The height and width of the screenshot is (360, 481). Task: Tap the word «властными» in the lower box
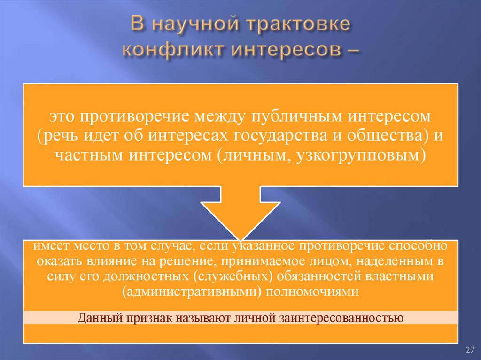coord(404,276)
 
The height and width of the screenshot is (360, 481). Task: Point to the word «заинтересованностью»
coord(341,317)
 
